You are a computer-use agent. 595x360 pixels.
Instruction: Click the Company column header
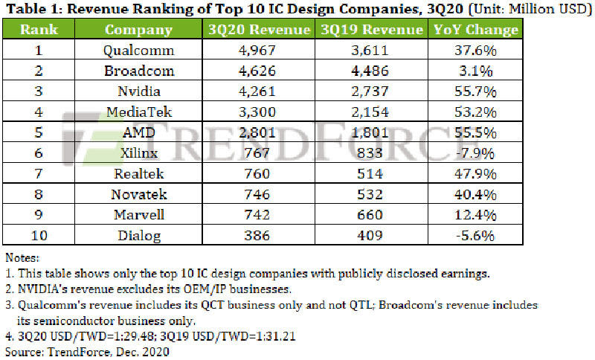click(138, 30)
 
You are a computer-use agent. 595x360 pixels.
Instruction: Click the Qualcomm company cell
click(138, 51)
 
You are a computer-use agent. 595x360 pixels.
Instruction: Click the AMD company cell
click(138, 132)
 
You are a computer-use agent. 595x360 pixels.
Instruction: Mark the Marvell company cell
click(138, 214)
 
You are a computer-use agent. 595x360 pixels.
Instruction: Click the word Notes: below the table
click(22, 257)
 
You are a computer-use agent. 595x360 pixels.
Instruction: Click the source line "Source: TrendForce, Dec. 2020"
click(86, 351)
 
